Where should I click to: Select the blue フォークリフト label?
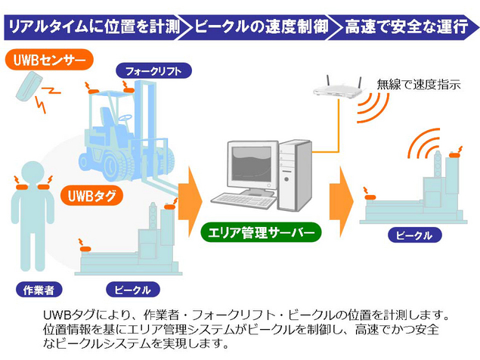[153, 72]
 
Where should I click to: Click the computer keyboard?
[243, 200]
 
